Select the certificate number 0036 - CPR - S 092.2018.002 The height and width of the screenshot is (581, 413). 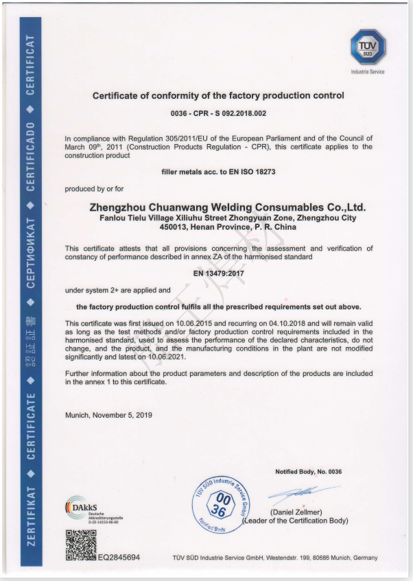(218, 112)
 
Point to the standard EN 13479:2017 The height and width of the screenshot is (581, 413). (219, 273)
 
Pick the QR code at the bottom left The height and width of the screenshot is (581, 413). (80, 545)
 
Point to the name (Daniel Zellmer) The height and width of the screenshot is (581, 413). (296, 512)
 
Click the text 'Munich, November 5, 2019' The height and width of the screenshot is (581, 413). (108, 415)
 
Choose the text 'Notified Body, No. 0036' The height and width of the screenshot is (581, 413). (308, 471)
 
